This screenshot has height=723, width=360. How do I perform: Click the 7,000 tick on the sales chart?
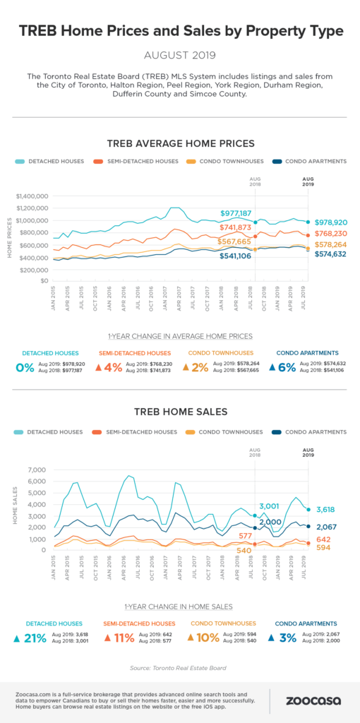[x=37, y=470]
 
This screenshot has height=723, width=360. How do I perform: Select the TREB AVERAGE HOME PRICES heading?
[x=179, y=143]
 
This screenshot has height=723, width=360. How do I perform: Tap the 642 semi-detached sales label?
[x=324, y=540]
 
